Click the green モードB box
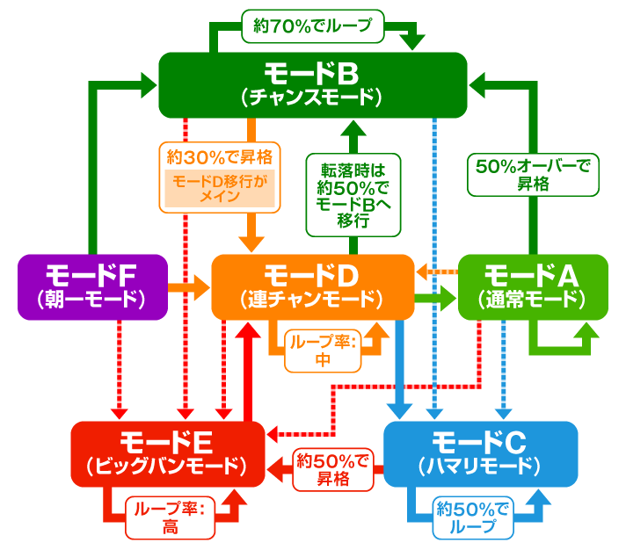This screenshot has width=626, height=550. click(312, 84)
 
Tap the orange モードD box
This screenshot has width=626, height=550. click(312, 286)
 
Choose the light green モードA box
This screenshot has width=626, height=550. click(533, 286)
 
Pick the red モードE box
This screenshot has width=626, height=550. click(167, 452)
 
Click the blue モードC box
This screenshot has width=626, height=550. click(480, 452)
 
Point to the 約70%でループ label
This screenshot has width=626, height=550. click(312, 26)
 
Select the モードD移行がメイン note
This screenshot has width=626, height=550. click(220, 188)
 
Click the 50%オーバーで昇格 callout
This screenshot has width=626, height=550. click(533, 173)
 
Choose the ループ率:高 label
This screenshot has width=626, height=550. click(170, 516)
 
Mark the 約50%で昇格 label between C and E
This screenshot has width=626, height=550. click(332, 469)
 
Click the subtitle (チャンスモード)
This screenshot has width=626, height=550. click(312, 98)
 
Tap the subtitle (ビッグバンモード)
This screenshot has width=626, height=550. click(167, 466)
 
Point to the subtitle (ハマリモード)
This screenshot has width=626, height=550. click(480, 466)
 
